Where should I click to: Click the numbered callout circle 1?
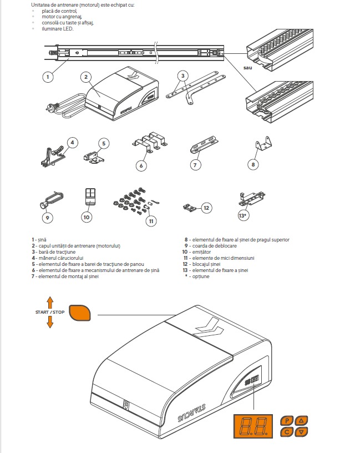48,77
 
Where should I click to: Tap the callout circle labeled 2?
85,77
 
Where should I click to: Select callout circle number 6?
142,165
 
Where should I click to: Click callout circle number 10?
86,218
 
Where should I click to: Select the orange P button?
287,420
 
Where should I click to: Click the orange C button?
287,432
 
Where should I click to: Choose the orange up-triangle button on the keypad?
301,420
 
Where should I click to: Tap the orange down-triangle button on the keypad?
301,432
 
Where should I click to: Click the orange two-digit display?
254,426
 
